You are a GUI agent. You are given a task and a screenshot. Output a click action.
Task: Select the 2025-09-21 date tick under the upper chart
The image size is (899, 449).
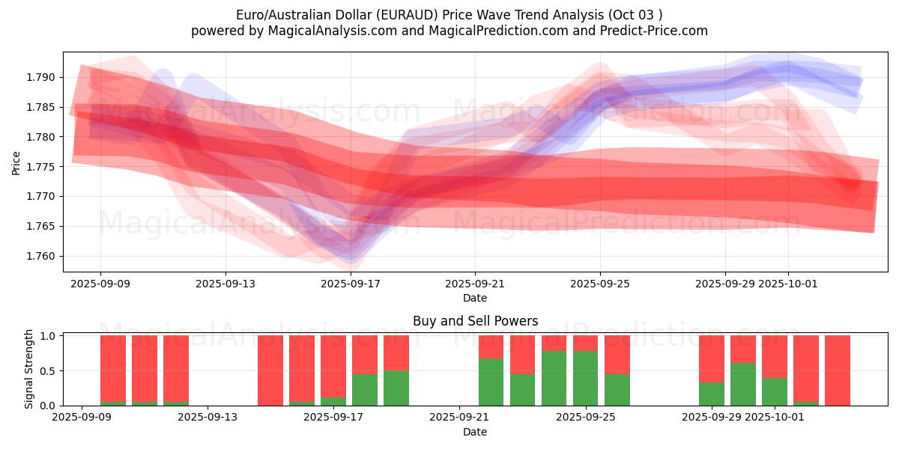(x=475, y=284)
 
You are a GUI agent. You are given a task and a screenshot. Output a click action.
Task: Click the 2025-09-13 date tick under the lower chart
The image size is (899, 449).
(x=208, y=418)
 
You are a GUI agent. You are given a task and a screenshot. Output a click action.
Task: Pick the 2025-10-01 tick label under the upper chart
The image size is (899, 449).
(x=787, y=284)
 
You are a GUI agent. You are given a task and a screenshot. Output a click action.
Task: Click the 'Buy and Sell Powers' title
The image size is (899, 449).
(x=475, y=321)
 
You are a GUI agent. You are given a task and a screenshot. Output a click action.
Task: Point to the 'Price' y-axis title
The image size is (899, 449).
(x=16, y=162)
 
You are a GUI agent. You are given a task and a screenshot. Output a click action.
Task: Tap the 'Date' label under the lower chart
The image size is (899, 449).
(x=475, y=432)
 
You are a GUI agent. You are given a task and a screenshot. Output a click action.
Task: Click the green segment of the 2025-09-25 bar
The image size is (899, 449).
(x=585, y=378)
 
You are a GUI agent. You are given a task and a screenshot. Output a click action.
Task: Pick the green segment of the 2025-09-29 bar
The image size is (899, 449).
(x=712, y=394)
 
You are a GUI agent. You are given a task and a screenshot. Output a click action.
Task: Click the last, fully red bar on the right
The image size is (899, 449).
(x=838, y=370)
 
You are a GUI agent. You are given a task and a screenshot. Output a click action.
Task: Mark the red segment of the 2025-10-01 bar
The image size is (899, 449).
(x=775, y=356)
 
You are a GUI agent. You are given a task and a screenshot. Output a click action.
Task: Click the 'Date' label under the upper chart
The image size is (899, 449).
(x=475, y=298)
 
